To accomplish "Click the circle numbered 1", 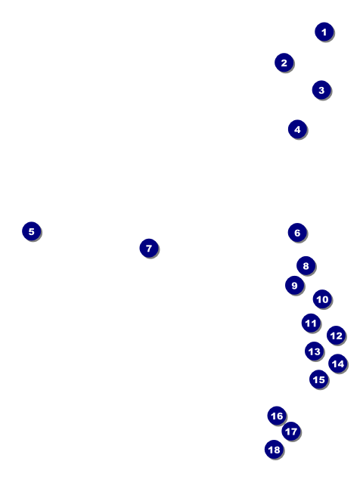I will tap(324, 32).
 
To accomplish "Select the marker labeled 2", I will tap(284, 63).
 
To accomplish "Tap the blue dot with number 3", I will tap(321, 90).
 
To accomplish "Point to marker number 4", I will tap(297, 129).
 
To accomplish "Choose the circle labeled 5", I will tap(31, 231).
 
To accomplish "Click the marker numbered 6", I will tap(296, 233).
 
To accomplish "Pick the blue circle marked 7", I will tap(148, 248).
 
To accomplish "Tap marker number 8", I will tap(306, 266).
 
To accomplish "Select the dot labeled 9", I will tap(294, 286).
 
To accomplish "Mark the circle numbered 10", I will tap(322, 299).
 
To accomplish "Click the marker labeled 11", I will tap(311, 323).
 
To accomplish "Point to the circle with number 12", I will tap(336, 336).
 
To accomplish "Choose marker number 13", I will tap(314, 351).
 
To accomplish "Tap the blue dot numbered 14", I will tap(337, 364).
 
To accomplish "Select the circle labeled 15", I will tap(318, 379).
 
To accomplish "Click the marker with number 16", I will tap(277, 416).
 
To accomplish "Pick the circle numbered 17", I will tap(290, 432).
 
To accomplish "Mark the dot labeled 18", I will tap(274, 450).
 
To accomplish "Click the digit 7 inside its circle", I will tap(148, 248).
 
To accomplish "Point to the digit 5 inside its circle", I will tap(31, 231).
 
